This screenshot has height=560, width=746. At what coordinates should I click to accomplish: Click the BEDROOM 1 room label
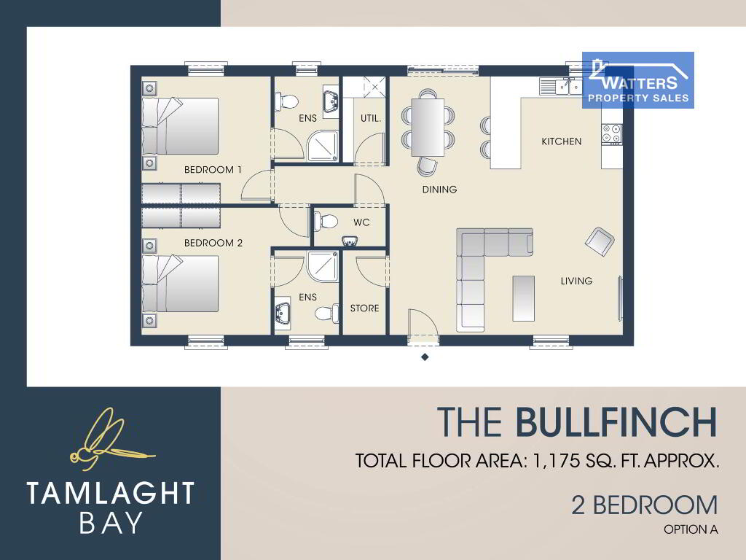click(x=213, y=169)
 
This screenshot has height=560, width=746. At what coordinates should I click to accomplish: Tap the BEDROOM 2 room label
click(x=213, y=243)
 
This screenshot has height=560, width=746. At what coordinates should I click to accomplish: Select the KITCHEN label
click(x=562, y=141)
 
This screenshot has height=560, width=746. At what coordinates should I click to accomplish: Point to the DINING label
click(x=439, y=190)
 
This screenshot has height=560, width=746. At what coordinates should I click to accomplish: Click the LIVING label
click(x=576, y=281)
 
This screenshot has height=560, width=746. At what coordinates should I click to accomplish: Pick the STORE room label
click(x=364, y=308)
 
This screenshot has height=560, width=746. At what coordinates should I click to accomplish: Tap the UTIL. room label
click(x=371, y=118)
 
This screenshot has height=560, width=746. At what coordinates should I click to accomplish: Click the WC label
click(x=361, y=222)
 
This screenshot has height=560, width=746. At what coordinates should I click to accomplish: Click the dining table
click(x=428, y=127)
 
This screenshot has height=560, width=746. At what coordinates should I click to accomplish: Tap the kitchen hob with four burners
click(x=611, y=134)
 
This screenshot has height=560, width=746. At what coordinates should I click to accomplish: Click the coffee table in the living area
click(x=523, y=298)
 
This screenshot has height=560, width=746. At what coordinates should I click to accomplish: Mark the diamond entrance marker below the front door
click(x=425, y=357)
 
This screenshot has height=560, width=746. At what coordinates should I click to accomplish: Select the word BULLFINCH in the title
click(x=616, y=421)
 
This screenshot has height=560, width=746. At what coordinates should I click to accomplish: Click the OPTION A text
click(x=691, y=529)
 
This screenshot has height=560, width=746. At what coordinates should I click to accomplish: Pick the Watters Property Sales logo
click(x=638, y=80)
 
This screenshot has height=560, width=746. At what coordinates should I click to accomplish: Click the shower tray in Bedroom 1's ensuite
click(x=323, y=146)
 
